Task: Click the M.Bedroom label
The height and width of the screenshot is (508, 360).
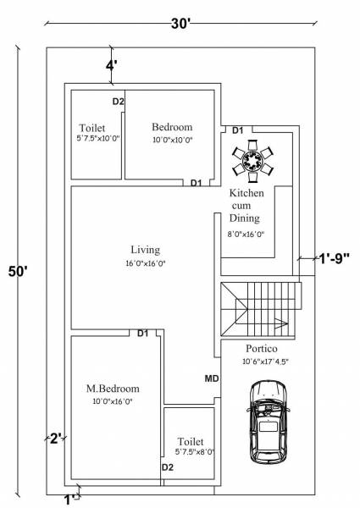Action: [113, 389]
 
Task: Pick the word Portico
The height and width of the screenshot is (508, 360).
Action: [263, 348]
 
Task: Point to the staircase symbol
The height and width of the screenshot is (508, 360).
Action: [261, 308]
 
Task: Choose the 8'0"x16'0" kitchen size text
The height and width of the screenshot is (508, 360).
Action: [246, 234]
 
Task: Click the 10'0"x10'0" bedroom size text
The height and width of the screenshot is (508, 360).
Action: [173, 140]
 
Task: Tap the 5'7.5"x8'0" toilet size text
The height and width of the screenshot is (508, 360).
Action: [189, 453]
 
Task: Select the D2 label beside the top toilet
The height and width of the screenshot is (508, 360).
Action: [119, 102]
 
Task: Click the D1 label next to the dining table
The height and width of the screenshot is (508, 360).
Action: [238, 130]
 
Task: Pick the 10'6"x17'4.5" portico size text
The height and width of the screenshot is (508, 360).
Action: [263, 362]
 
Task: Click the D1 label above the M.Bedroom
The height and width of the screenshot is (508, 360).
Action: [143, 334]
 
